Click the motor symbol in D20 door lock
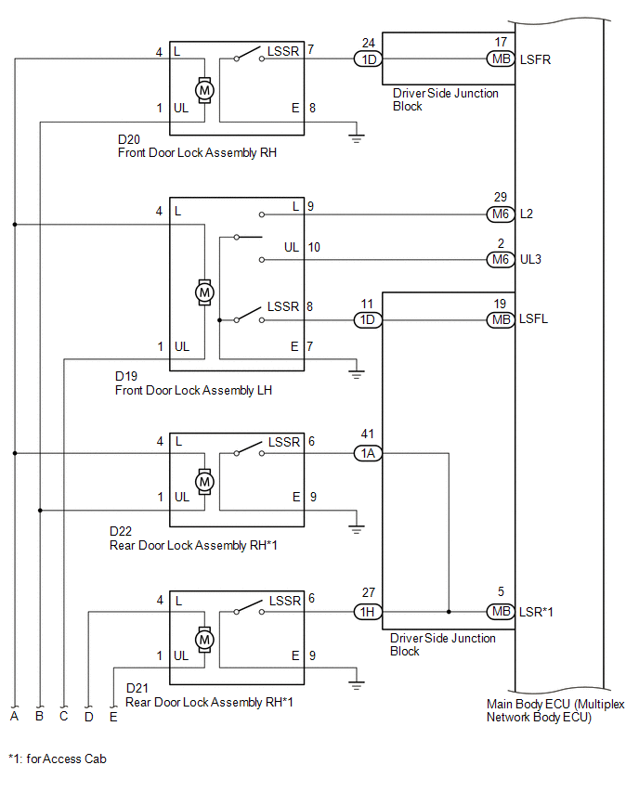[204, 90]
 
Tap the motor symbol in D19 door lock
[204, 292]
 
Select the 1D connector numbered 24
[369, 59]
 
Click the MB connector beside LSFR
[501, 59]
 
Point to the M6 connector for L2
[501, 214]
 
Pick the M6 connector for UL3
[501, 259]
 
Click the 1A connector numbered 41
[369, 453]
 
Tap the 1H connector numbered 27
[369, 612]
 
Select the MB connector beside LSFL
[501, 319]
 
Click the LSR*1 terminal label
[536, 612]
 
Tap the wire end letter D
[89, 717]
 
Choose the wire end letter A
[14, 716]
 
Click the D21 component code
[137, 688]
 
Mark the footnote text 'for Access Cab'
[66, 759]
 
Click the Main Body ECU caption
[555, 710]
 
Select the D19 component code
[126, 376]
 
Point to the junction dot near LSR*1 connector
[449, 612]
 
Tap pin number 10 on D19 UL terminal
[314, 247]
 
